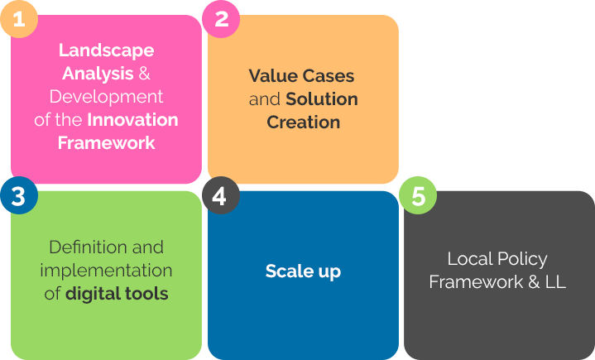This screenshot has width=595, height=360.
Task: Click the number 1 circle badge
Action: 19,19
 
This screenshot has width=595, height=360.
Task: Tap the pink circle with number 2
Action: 221,19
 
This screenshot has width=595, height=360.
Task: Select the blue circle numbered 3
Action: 19,195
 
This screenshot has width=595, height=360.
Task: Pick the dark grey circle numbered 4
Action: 221,195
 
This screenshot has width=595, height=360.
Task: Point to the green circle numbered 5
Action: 418,195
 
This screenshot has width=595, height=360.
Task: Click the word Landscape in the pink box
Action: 106,51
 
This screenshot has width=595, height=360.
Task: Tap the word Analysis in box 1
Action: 98,73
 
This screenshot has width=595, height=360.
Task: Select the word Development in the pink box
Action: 106,97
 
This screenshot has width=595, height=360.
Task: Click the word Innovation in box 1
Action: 132,120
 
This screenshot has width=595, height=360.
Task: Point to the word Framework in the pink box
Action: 106,143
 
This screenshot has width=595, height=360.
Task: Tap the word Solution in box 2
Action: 322,99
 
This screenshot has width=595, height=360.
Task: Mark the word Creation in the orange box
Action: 303,122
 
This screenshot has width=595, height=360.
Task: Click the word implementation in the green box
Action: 106,271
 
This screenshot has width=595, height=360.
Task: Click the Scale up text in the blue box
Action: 303,271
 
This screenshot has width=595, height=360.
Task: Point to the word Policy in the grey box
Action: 522,260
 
